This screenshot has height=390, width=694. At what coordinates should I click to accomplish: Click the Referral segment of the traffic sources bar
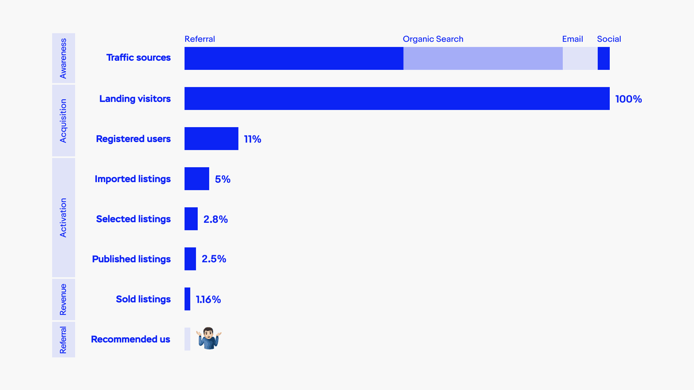point(293,58)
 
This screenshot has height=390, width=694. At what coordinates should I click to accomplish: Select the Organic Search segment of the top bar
point(483,58)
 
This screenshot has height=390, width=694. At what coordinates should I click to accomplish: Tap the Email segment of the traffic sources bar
point(579,58)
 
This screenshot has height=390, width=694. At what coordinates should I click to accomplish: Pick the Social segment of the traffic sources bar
point(603,58)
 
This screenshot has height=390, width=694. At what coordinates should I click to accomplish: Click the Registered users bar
point(211,139)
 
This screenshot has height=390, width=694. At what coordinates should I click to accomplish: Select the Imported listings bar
point(197,179)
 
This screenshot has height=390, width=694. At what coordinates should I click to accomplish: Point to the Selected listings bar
point(191,219)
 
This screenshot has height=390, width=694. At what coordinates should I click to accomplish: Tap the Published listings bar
point(190,259)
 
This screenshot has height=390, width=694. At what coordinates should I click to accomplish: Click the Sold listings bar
point(187,299)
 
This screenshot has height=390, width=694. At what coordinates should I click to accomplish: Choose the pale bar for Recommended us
point(187,339)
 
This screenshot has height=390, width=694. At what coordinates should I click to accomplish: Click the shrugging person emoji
point(209,338)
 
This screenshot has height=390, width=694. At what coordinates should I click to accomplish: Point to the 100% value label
point(628,99)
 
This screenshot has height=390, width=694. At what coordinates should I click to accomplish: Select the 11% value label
point(252,139)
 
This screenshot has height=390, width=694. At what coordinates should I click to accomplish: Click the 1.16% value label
point(208,300)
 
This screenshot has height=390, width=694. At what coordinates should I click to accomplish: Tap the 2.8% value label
point(215,219)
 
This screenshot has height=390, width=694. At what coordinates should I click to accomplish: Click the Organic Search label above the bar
point(433,39)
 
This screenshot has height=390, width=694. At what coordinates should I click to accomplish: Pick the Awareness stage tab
point(64,58)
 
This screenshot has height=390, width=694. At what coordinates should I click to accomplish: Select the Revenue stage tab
point(64,299)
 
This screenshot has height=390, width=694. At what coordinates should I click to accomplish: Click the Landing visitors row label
point(135,99)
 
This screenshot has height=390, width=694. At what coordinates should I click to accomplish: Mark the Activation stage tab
point(64,218)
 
